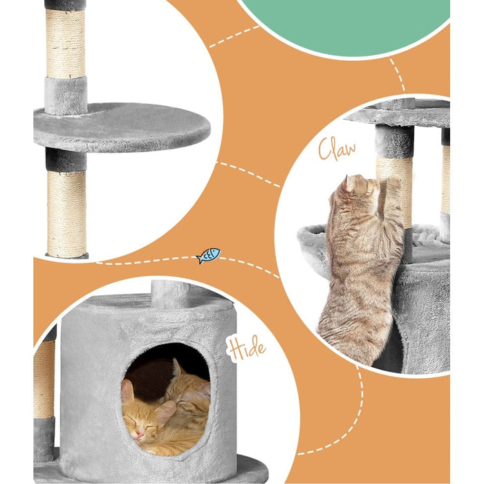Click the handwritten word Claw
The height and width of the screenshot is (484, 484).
pos(337,149)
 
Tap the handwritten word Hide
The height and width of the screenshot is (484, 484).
pos(245,348)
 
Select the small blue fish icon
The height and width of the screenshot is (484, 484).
pos(208,256)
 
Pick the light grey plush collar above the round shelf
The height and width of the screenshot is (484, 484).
pos(66,95)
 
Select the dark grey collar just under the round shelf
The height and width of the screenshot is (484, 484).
pos(66,160)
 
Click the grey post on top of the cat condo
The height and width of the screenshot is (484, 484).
pos(171,294)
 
